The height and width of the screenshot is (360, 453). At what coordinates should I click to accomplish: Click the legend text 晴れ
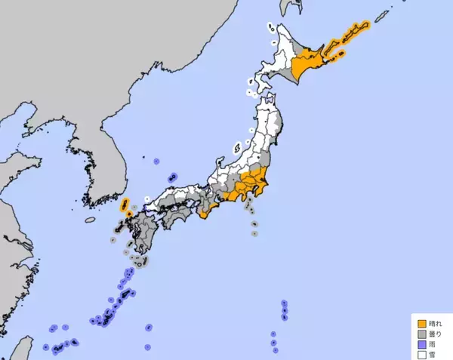433,321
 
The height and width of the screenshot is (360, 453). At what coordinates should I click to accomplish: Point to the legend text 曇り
433,331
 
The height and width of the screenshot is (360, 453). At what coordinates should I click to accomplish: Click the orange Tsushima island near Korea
125,204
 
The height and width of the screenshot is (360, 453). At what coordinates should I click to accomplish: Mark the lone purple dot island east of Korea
156,161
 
